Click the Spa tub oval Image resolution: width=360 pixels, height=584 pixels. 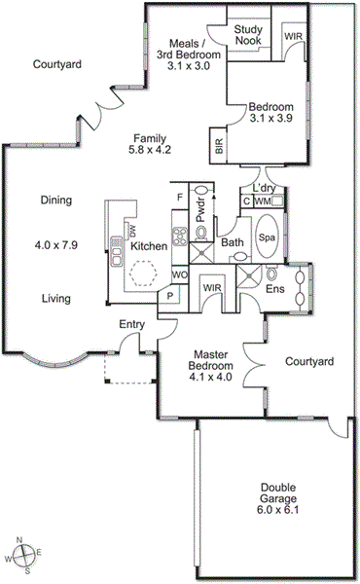pyautogui.click(x=267, y=237)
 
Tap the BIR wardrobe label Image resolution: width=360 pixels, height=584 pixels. pyautogui.click(x=218, y=148)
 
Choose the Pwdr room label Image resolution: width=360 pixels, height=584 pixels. pyautogui.click(x=198, y=224)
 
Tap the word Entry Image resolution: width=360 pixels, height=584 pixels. pyautogui.click(x=131, y=324)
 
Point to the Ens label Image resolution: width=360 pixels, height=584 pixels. pyautogui.click(x=275, y=289)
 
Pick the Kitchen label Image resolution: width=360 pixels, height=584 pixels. pyautogui.click(x=149, y=247)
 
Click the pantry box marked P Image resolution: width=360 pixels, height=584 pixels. pyautogui.click(x=169, y=296)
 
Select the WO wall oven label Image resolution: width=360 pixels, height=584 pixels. pyautogui.click(x=179, y=275)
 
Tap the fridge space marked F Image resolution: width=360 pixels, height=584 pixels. pyautogui.click(x=179, y=198)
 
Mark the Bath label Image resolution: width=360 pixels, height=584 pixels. pyautogui.click(x=232, y=242)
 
